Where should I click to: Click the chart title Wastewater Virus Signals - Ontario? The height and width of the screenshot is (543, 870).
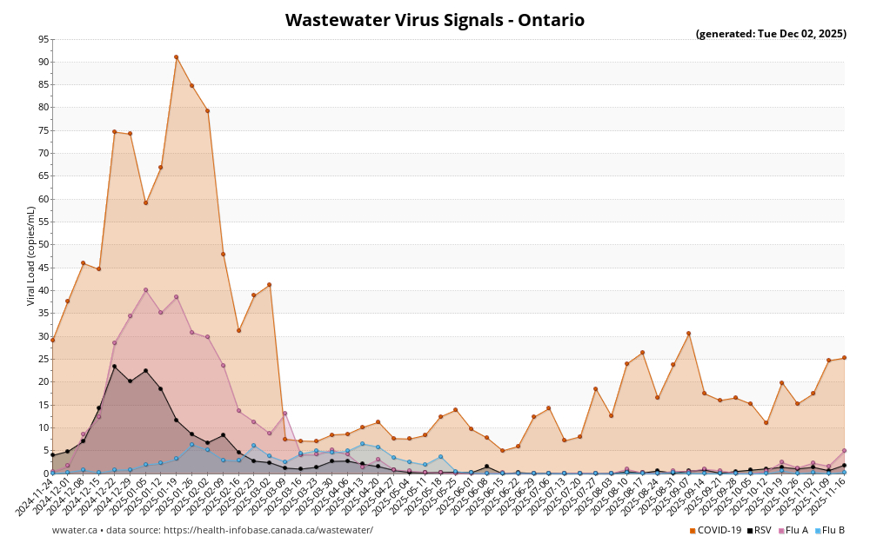(435, 20)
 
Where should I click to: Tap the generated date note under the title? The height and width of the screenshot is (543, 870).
(771, 35)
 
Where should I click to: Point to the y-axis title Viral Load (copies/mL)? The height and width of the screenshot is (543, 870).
(31, 255)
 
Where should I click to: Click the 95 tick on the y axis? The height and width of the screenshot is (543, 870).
(43, 39)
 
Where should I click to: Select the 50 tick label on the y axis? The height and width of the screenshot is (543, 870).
(43, 245)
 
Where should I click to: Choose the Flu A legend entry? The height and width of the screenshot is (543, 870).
(795, 530)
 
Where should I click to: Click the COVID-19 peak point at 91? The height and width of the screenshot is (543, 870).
(176, 57)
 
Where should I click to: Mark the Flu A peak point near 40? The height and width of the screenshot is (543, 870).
(145, 290)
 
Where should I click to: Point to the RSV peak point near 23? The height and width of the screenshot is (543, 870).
(114, 367)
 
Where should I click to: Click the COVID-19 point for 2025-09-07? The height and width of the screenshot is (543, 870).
(688, 334)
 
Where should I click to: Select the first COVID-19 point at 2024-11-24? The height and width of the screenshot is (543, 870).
(52, 340)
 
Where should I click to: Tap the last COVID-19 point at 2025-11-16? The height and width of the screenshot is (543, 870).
(844, 358)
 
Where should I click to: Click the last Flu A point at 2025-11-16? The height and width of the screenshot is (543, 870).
(844, 451)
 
